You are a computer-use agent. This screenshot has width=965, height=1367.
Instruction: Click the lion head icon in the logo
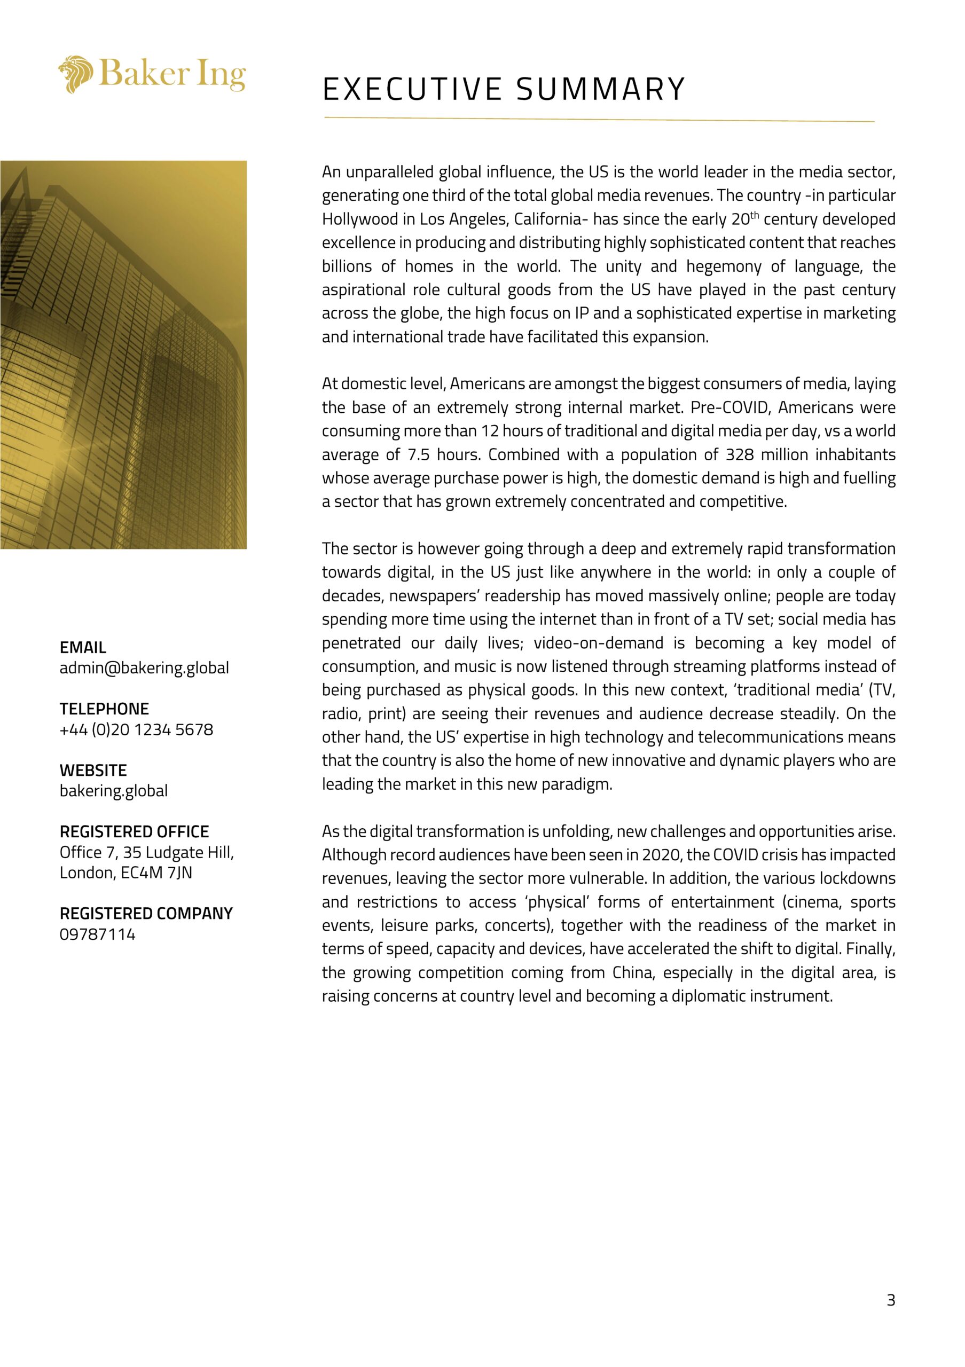tap(76, 74)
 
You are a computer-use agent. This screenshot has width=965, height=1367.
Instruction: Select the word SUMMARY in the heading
tap(601, 89)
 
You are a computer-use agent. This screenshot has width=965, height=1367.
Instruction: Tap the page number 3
tap(891, 1300)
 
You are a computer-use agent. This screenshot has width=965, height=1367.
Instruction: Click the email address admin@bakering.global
tap(144, 668)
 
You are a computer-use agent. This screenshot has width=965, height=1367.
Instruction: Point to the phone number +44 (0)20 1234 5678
tap(136, 729)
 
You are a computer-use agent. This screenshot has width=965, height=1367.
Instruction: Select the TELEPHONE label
tap(104, 709)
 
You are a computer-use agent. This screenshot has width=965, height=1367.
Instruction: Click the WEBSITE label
tap(93, 770)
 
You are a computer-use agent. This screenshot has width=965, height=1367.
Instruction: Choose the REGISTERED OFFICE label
tap(134, 832)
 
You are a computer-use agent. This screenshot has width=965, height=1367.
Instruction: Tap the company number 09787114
tap(98, 934)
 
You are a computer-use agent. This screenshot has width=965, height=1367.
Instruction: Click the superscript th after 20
tap(754, 215)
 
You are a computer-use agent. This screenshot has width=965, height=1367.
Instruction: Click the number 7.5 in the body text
tap(419, 454)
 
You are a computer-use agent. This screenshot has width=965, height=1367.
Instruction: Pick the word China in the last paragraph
tap(633, 972)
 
